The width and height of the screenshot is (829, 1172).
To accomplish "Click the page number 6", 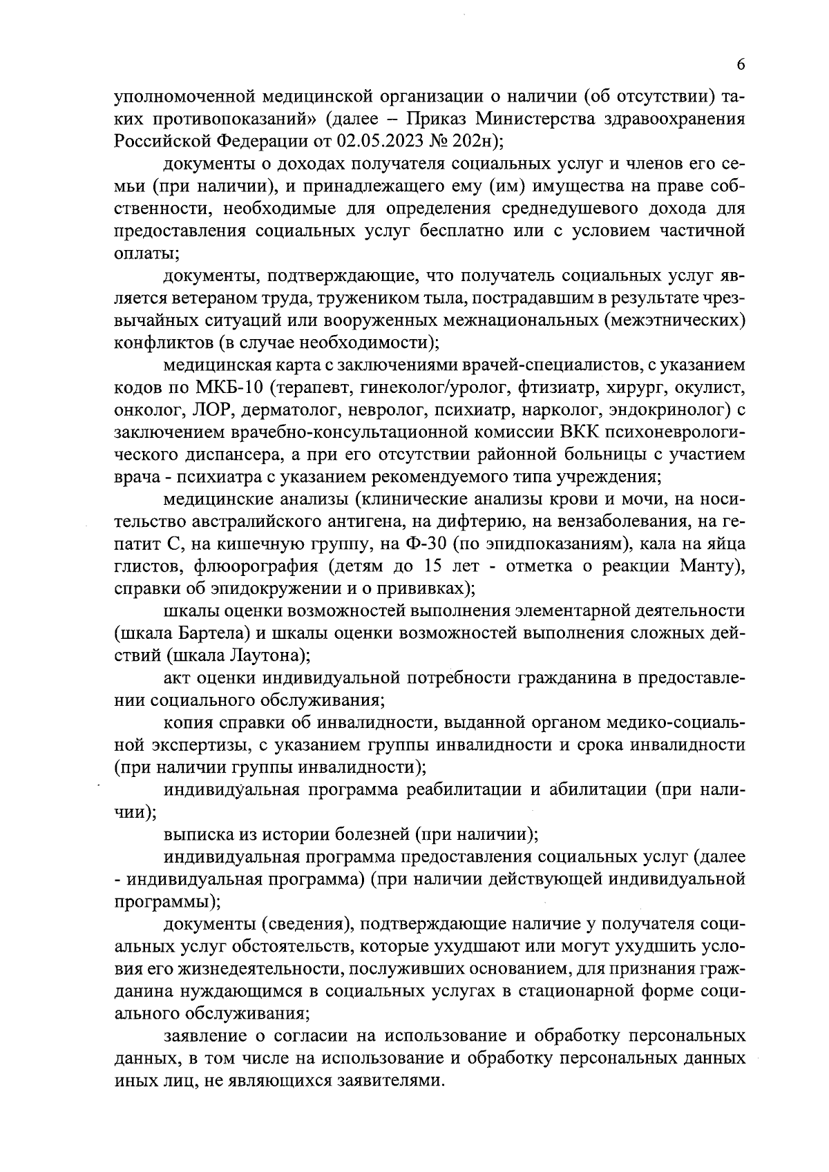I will [740, 64].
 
